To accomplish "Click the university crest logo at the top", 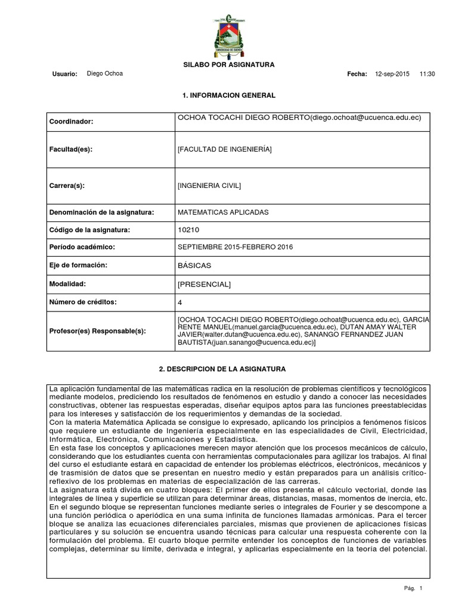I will tap(228, 33).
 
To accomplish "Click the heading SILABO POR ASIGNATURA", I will tap(228, 64).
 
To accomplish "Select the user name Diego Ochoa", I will tap(105, 73).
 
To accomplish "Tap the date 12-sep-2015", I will tap(392, 74).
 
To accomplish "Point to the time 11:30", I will tap(428, 74).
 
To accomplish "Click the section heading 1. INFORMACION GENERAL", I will tap(228, 95).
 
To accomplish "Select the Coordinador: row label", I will tap(72, 121).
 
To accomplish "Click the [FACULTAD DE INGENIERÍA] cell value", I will tap(224, 149).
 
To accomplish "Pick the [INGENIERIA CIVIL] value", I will tap(209, 186).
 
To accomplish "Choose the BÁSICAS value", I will tap(194, 265).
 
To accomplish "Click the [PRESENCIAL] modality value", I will tap(204, 285).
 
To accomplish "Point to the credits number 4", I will tap(180, 303).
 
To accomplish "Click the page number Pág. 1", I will tap(413, 588).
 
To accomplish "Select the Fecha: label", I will tap(357, 74).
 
